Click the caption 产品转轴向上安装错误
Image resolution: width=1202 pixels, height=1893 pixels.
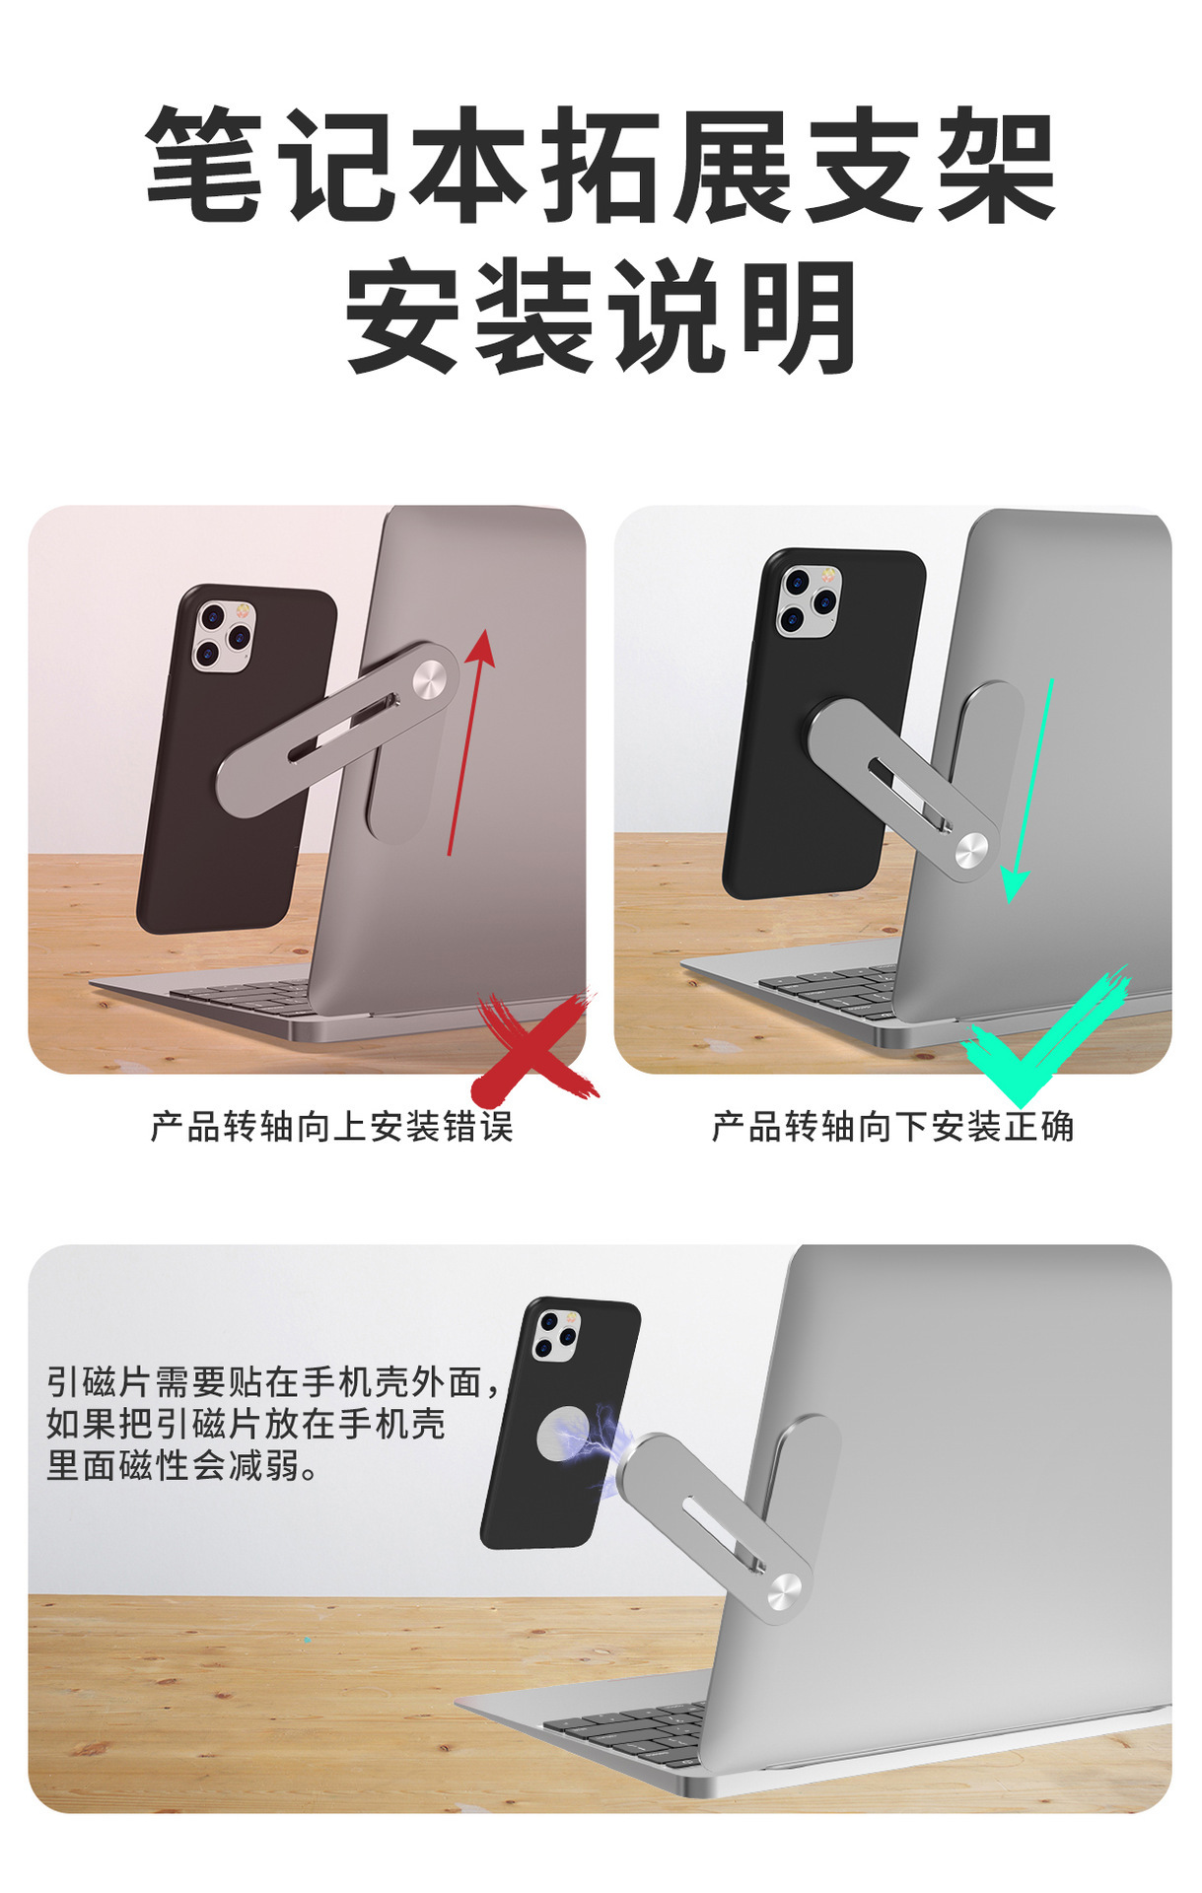pyautogui.click(x=331, y=1126)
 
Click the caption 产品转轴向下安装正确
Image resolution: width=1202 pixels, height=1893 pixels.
pyautogui.click(x=892, y=1126)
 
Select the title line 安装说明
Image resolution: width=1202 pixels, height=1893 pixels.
pyautogui.click(x=601, y=315)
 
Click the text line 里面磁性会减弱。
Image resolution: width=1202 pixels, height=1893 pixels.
pyautogui.click(x=183, y=1465)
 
